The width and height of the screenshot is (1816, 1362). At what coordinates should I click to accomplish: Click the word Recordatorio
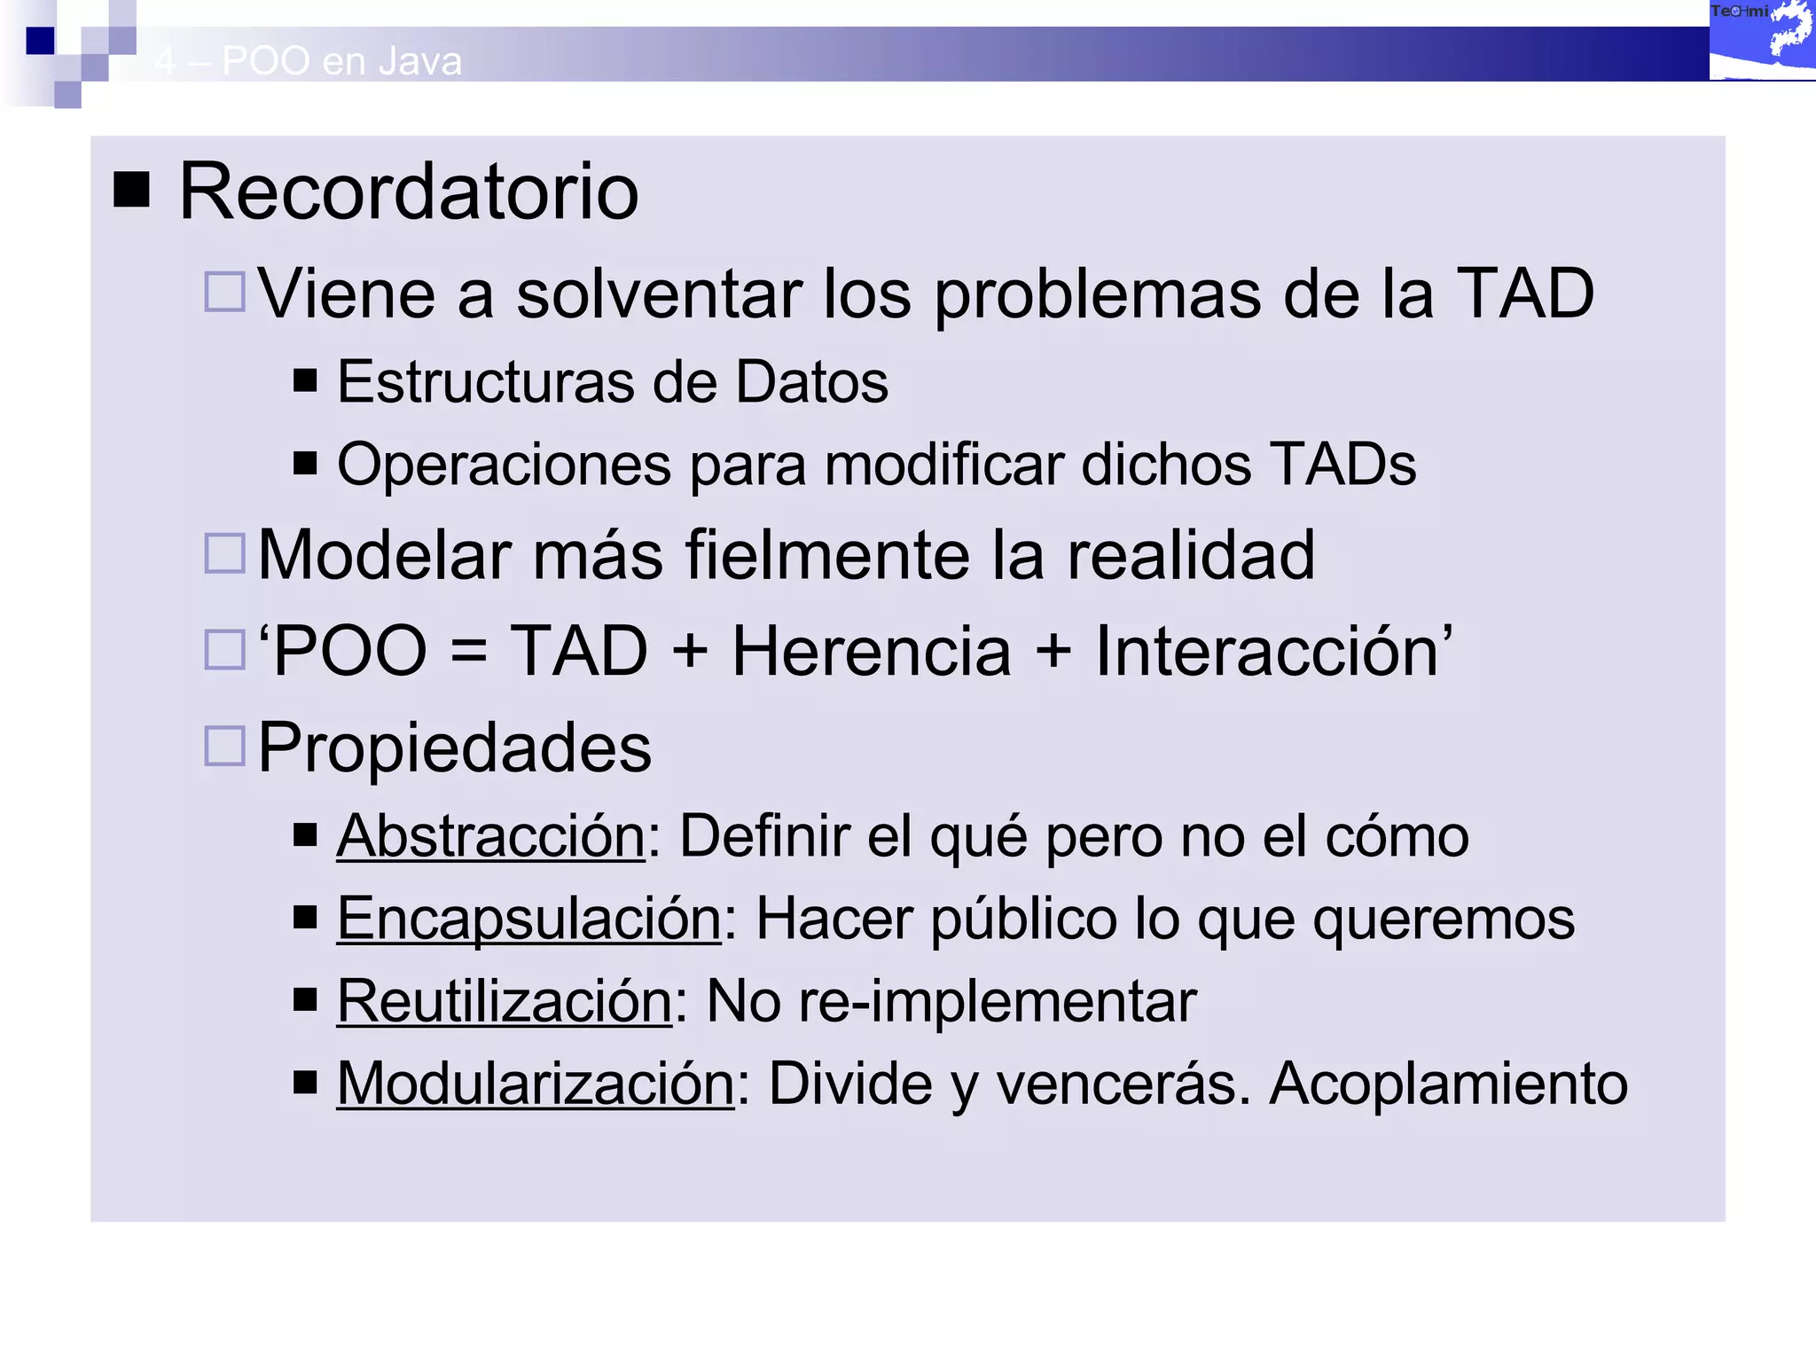[x=408, y=192]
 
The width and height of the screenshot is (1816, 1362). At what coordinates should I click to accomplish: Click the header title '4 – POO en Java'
[x=308, y=61]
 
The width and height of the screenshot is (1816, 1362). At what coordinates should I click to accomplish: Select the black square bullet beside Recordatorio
[x=132, y=190]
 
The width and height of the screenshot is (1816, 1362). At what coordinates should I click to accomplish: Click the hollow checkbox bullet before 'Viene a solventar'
[x=224, y=292]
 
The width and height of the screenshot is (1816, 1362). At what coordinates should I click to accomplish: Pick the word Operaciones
[x=504, y=465]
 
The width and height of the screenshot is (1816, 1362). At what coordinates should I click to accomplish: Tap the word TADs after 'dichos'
[x=1342, y=465]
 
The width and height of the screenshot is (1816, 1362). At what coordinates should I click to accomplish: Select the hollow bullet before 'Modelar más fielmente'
[x=224, y=553]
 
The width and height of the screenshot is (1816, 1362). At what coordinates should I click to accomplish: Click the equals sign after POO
[x=468, y=653]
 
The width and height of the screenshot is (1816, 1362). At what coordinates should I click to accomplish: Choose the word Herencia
[x=871, y=652]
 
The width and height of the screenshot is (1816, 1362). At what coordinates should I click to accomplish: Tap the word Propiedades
[x=454, y=748]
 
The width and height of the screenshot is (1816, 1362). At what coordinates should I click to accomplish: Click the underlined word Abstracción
[x=490, y=835]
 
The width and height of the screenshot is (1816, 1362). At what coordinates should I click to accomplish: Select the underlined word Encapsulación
[x=528, y=918]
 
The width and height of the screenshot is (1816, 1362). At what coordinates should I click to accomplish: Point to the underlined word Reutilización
[x=504, y=1001]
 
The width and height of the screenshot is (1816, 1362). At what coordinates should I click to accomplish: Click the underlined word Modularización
[x=535, y=1084]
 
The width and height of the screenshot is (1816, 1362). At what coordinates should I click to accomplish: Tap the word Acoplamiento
[x=1448, y=1084]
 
